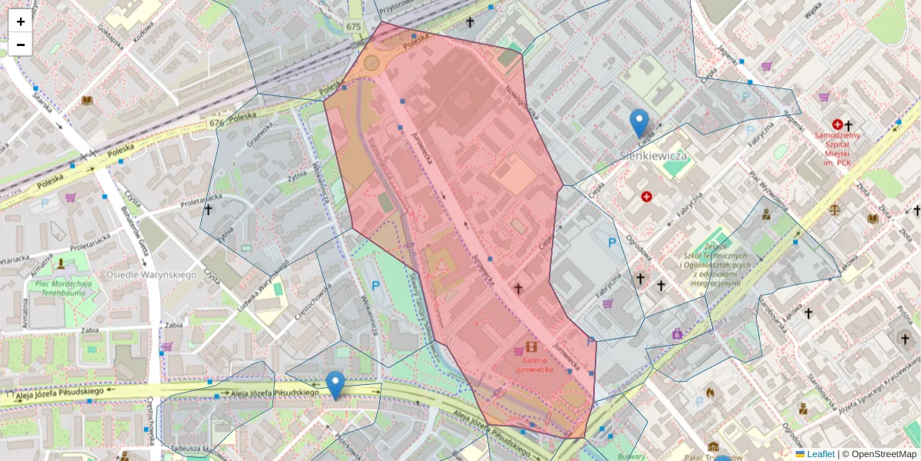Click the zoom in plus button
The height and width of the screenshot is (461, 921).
pos(21,22)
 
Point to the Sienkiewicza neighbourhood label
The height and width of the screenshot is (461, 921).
pos(652,156)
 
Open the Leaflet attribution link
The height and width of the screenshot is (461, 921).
pos(820,454)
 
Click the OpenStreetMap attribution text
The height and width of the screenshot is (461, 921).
pos(883,454)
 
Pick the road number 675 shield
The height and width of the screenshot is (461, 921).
pos(353,27)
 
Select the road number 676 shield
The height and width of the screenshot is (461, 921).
pos(216,123)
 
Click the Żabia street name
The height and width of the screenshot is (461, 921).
pos(173,326)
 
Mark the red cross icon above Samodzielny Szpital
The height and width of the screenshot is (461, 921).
pos(837,124)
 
